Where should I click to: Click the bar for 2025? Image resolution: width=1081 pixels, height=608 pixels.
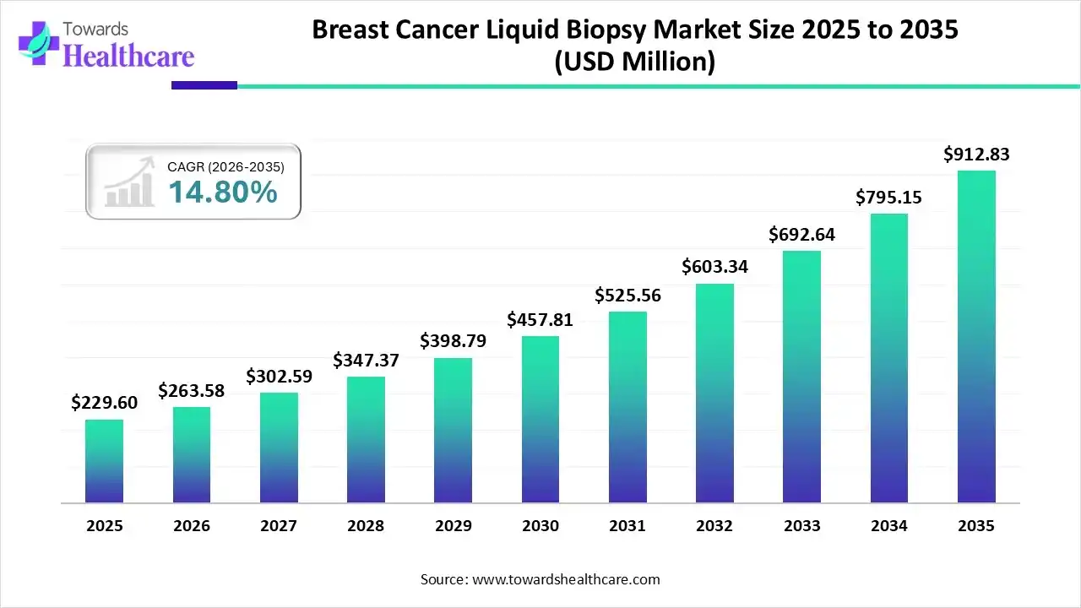(104, 461)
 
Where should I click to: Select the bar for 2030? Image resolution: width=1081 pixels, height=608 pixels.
(540, 420)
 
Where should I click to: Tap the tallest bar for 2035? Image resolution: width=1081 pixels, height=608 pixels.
(976, 337)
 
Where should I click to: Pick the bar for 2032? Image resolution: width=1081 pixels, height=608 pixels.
(714, 394)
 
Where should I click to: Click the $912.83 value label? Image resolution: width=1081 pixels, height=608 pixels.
(976, 154)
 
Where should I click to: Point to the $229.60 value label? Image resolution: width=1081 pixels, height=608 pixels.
(104, 403)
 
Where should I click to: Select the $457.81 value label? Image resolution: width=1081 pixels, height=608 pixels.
(540, 319)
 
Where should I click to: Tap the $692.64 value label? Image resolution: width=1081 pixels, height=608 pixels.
(801, 234)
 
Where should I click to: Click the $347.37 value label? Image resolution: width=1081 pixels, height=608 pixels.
(366, 361)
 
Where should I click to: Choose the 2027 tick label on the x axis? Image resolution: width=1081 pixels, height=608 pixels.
(279, 525)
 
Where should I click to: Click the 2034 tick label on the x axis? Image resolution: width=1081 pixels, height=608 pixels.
(889, 525)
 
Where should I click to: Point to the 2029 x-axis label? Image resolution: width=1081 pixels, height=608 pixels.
(453, 525)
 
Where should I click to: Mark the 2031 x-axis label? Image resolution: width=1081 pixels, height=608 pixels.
(627, 525)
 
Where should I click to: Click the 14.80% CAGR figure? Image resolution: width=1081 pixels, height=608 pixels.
(222, 193)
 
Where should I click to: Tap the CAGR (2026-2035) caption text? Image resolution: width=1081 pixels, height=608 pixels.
(225, 167)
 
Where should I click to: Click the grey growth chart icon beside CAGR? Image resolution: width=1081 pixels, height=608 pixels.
(128, 182)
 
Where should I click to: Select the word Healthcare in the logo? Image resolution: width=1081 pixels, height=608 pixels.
(128, 56)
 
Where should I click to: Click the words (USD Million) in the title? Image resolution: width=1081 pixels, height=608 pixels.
(634, 62)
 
